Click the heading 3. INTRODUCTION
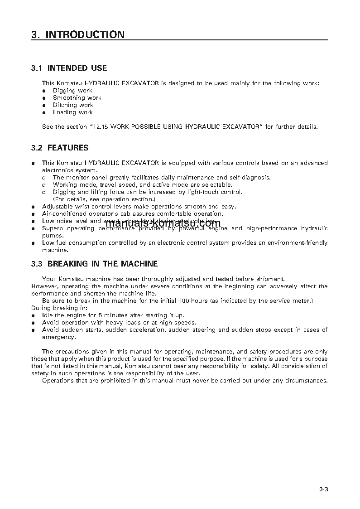coord(78,34)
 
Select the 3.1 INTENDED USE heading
coord(69,68)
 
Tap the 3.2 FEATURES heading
coord(60,148)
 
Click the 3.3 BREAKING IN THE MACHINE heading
coord(95,264)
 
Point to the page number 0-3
coord(323,489)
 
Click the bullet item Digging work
coord(72,91)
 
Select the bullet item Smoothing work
coord(77,98)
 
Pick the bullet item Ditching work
coord(73,105)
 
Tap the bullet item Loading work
coord(72,112)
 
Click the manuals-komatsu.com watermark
coord(163,223)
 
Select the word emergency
coord(59,337)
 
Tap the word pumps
coord(53,236)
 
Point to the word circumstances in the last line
coord(305,381)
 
